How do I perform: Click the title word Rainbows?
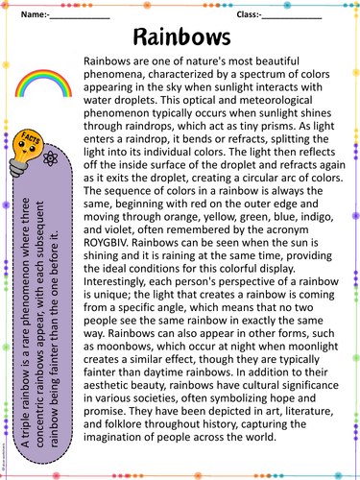pyautogui.click(x=180, y=37)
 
